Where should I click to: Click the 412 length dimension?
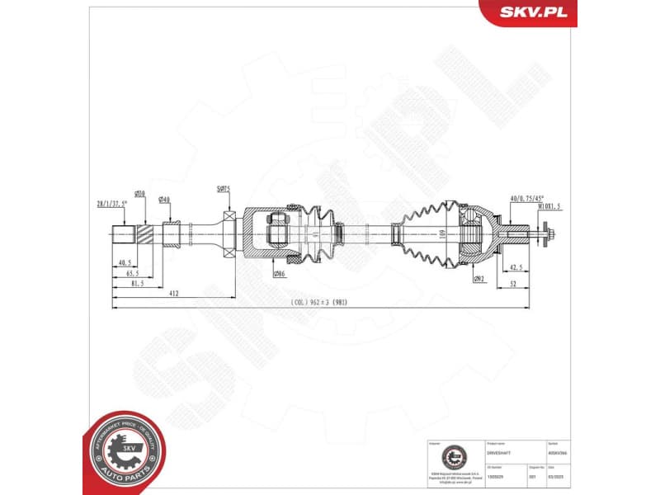click(x=173, y=293)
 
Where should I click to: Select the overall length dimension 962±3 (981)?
click(x=320, y=303)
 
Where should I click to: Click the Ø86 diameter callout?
click(x=280, y=274)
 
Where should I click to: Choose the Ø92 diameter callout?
click(x=478, y=279)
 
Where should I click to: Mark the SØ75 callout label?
click(x=224, y=189)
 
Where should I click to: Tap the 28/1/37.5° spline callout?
click(x=110, y=203)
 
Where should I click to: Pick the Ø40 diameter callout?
click(x=164, y=200)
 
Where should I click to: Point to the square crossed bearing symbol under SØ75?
click(x=229, y=233)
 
